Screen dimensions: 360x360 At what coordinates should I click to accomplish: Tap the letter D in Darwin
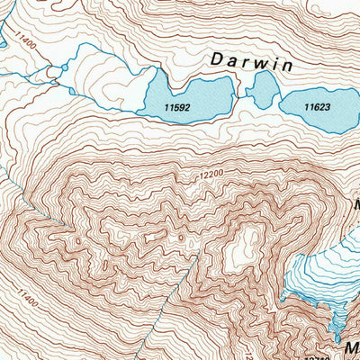click(x=216, y=59)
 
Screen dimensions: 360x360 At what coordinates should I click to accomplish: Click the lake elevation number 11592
click(x=178, y=107)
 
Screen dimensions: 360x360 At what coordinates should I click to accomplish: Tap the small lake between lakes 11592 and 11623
click(x=264, y=90)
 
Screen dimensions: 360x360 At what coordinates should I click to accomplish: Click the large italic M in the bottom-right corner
click(x=349, y=346)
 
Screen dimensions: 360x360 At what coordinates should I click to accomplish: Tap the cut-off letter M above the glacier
click(x=355, y=204)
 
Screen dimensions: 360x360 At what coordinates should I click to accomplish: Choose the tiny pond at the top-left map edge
click(x=3, y=40)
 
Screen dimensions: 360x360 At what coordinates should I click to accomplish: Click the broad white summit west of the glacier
click(x=239, y=247)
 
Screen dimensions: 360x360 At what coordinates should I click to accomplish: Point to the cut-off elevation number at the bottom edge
click(x=316, y=356)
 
